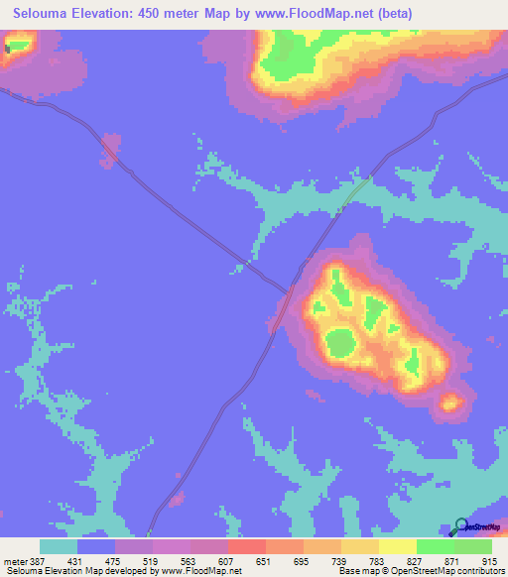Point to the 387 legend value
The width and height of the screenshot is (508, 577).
click(x=38, y=562)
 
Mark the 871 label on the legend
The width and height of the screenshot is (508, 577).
click(x=453, y=562)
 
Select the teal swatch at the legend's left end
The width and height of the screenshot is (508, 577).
click(x=58, y=546)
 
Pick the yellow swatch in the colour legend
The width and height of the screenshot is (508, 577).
click(x=397, y=546)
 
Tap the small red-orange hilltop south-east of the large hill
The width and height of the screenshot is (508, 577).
click(x=451, y=402)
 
